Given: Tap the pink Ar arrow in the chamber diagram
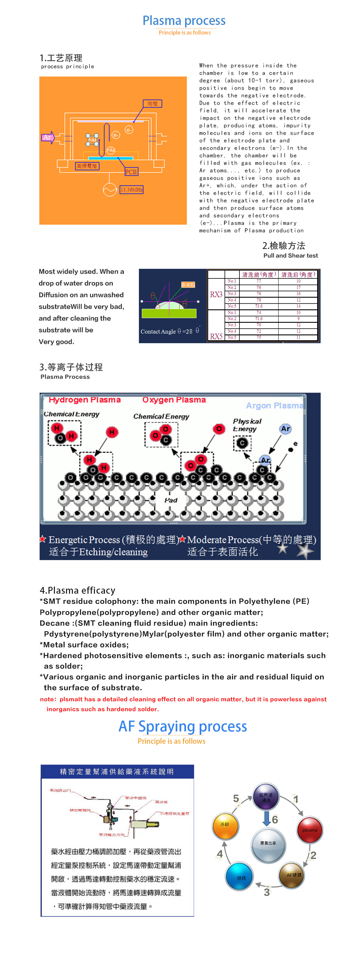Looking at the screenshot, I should (48, 137).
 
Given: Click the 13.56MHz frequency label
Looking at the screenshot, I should (132, 190).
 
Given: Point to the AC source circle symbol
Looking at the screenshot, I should (109, 190).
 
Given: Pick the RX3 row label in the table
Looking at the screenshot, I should (216, 294).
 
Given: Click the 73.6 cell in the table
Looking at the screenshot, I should (259, 306).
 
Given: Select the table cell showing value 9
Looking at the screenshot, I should (298, 319).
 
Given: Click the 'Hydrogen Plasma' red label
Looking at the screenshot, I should (85, 400).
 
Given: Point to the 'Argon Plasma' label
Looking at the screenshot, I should (274, 406).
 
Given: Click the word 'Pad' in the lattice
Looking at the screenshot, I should (171, 500).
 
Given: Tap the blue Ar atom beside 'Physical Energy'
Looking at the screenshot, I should (286, 429).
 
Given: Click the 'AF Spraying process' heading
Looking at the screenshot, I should (183, 726).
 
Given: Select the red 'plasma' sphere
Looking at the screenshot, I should (310, 830).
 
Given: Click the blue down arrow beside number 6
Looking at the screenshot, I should (266, 819).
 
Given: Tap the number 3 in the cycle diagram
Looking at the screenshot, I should (267, 892).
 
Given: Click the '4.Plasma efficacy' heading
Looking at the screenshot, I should (77, 590).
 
